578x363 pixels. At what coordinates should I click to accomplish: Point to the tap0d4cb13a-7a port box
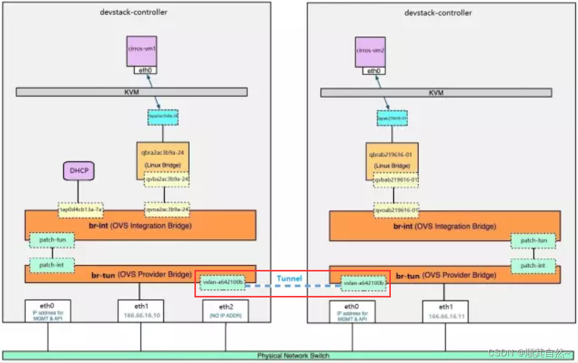point(80,209)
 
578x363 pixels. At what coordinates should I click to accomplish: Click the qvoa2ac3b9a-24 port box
point(167,209)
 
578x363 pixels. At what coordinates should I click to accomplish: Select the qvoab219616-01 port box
point(397,210)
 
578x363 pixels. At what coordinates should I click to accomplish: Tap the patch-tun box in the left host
point(51,240)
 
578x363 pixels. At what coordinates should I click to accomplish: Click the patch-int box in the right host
point(533,265)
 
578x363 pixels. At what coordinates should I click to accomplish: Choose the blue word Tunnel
point(289,279)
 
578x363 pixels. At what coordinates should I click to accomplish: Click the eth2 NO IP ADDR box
point(225,311)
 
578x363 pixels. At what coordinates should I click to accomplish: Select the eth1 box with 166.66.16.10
point(141,311)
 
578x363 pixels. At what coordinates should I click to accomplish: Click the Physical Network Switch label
point(293,356)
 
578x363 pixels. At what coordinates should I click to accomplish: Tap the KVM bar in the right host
point(436,92)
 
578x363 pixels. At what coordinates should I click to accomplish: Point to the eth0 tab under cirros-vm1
point(146,70)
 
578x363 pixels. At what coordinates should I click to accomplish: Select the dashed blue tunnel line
point(293,286)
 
